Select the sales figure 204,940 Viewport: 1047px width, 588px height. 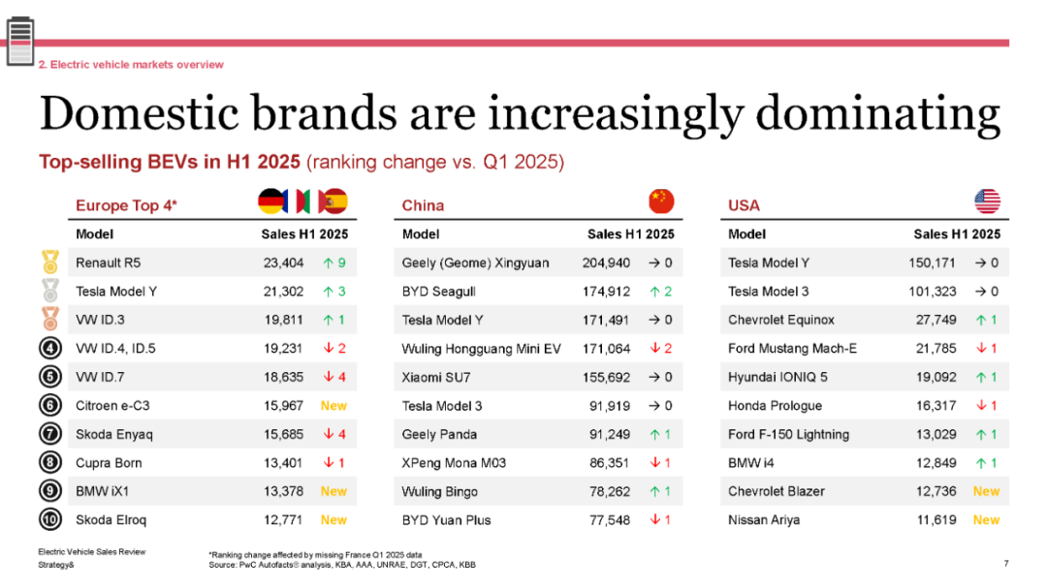[606, 263]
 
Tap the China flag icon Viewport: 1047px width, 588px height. [661, 201]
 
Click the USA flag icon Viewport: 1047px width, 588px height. [987, 201]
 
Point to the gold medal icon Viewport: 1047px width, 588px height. [49, 262]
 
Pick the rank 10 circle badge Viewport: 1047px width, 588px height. [49, 520]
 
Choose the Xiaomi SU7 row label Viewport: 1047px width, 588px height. [434, 377]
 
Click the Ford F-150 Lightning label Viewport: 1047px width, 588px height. [788, 434]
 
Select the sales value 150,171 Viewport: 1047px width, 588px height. [933, 263]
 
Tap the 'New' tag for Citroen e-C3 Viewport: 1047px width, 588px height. [333, 406]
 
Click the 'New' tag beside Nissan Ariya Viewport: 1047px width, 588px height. [986, 520]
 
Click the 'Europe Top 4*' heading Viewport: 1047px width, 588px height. [126, 205]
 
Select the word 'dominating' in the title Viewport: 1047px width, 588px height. [877, 113]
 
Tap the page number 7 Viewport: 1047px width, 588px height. [1006, 563]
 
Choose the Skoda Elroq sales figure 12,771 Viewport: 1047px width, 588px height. [283, 520]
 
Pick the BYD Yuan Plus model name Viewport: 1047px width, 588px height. [446, 520]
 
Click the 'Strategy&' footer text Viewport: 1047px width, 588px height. [56, 564]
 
